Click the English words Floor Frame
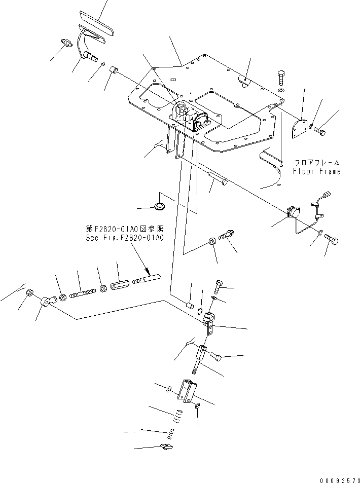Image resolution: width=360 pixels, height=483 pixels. click(316, 171)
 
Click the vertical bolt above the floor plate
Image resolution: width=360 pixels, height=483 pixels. click(282, 78)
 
